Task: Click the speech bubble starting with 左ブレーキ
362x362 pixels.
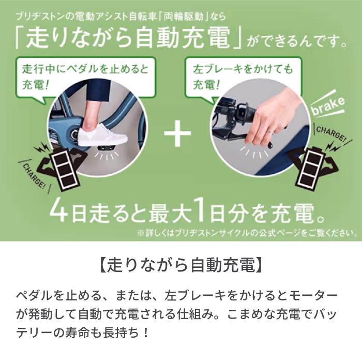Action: pos(235,76)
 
